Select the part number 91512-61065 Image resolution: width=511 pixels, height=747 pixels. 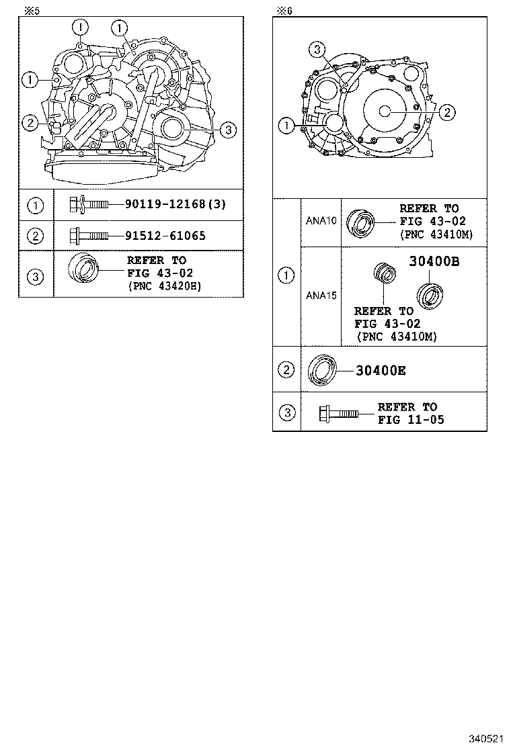pos(165,236)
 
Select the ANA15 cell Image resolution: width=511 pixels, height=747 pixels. pos(321,295)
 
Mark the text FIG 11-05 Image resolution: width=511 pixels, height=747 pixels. pos(411,420)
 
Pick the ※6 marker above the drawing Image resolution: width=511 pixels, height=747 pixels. pos(285,10)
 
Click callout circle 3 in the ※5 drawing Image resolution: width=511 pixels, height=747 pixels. pos(229,130)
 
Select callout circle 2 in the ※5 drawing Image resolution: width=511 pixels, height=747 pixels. pos(30,122)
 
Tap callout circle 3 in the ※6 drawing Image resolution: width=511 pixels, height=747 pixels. pos(318,48)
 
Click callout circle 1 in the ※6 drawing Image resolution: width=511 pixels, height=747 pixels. pos(286,124)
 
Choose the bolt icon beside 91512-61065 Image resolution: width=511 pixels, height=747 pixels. pos(89,236)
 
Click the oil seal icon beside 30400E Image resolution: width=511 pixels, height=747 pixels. pos(322,369)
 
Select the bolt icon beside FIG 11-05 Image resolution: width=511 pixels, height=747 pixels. pos(340,412)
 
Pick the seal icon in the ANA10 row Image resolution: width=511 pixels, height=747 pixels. pos(360,222)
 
